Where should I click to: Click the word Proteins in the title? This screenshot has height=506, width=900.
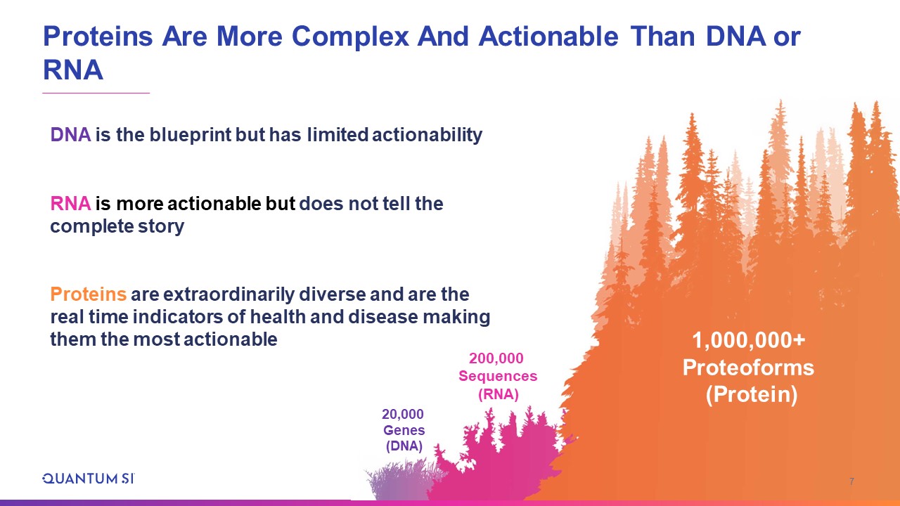98,37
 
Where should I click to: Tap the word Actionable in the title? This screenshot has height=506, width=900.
548,37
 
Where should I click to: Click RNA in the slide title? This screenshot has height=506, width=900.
72,70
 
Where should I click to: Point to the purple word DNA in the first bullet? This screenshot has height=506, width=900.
70,134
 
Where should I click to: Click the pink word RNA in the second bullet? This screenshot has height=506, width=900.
70,204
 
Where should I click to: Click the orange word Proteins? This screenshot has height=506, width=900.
89,294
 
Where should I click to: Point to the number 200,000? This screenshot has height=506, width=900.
496,358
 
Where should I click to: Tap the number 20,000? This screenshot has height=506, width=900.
403,414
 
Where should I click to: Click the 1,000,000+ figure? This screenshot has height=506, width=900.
749,340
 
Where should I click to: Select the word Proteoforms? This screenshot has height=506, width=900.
749,368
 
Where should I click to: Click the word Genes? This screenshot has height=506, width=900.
404,430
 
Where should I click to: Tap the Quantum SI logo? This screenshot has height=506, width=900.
89,479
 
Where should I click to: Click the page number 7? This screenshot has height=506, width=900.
851,481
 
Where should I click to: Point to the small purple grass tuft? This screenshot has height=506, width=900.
401,480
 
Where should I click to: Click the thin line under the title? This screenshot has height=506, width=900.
96,93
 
